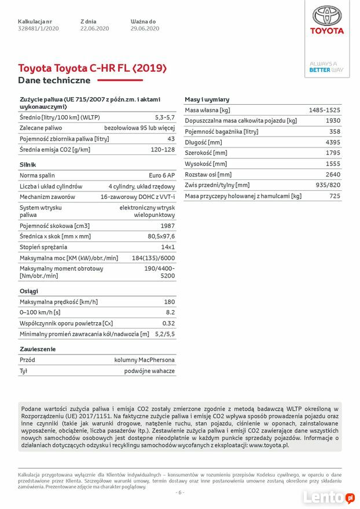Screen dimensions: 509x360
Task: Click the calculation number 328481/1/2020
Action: point(38,28)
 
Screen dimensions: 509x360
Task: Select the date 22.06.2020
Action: point(95,28)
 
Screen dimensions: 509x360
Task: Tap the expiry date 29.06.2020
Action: point(145,28)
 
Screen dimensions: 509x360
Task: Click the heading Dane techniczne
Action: point(54,80)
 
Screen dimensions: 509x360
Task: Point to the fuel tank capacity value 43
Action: point(171,139)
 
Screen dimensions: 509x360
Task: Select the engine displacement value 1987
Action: point(168,226)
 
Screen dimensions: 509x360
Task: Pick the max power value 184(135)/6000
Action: point(153,258)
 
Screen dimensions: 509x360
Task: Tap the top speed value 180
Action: point(169,302)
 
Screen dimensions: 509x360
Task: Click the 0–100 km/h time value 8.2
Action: point(170,312)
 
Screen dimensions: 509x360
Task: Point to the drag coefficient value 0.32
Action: point(168,323)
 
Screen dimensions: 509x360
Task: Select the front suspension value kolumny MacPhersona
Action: point(144,360)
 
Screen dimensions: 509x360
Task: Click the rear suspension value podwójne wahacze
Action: point(149,371)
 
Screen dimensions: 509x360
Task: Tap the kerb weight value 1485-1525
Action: point(324,110)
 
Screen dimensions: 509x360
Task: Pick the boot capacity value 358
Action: point(335,131)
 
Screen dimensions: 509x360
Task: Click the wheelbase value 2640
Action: point(333,174)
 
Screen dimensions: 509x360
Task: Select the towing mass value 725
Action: point(335,196)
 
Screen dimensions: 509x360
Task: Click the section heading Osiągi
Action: point(29,291)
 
